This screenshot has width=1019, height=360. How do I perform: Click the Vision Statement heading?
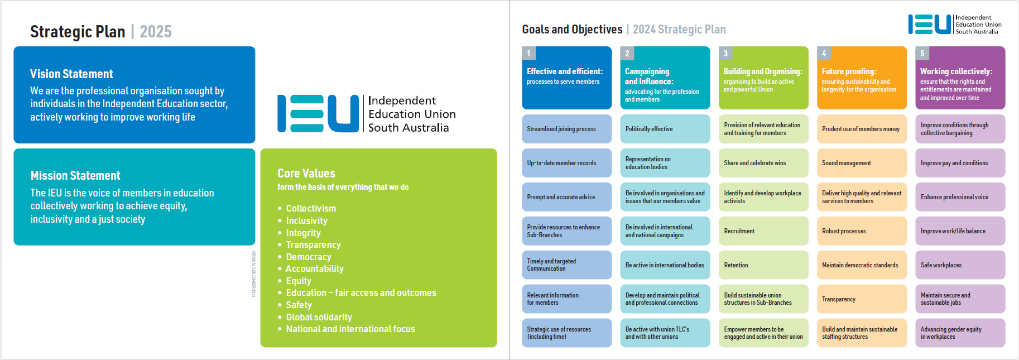(x=71, y=74)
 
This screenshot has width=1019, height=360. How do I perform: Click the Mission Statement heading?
(x=75, y=175)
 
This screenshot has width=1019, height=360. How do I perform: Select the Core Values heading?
(x=306, y=173)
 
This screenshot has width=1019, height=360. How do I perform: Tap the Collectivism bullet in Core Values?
(x=311, y=208)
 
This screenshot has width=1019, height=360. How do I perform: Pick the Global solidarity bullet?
(x=319, y=317)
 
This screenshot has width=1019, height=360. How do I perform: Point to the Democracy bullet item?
(x=309, y=257)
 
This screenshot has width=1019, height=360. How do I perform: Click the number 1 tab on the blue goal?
(x=528, y=54)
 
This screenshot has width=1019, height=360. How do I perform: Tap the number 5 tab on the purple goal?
(x=922, y=54)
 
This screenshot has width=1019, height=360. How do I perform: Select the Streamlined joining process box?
(x=566, y=129)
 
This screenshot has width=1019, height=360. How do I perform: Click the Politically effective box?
(x=665, y=129)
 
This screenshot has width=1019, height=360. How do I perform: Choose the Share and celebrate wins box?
(x=763, y=163)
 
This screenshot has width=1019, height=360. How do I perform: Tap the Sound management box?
(x=862, y=163)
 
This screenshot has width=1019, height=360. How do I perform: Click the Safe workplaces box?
(x=960, y=265)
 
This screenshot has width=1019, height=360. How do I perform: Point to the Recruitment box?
(x=763, y=231)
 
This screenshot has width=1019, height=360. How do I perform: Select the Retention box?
(x=763, y=265)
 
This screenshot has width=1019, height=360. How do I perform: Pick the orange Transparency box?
(x=862, y=299)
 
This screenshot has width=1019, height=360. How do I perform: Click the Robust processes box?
(x=862, y=231)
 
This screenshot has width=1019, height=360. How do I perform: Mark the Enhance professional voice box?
(x=960, y=197)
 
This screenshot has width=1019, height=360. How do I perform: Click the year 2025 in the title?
(x=156, y=32)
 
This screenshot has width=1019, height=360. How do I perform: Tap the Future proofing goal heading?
(x=849, y=71)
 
